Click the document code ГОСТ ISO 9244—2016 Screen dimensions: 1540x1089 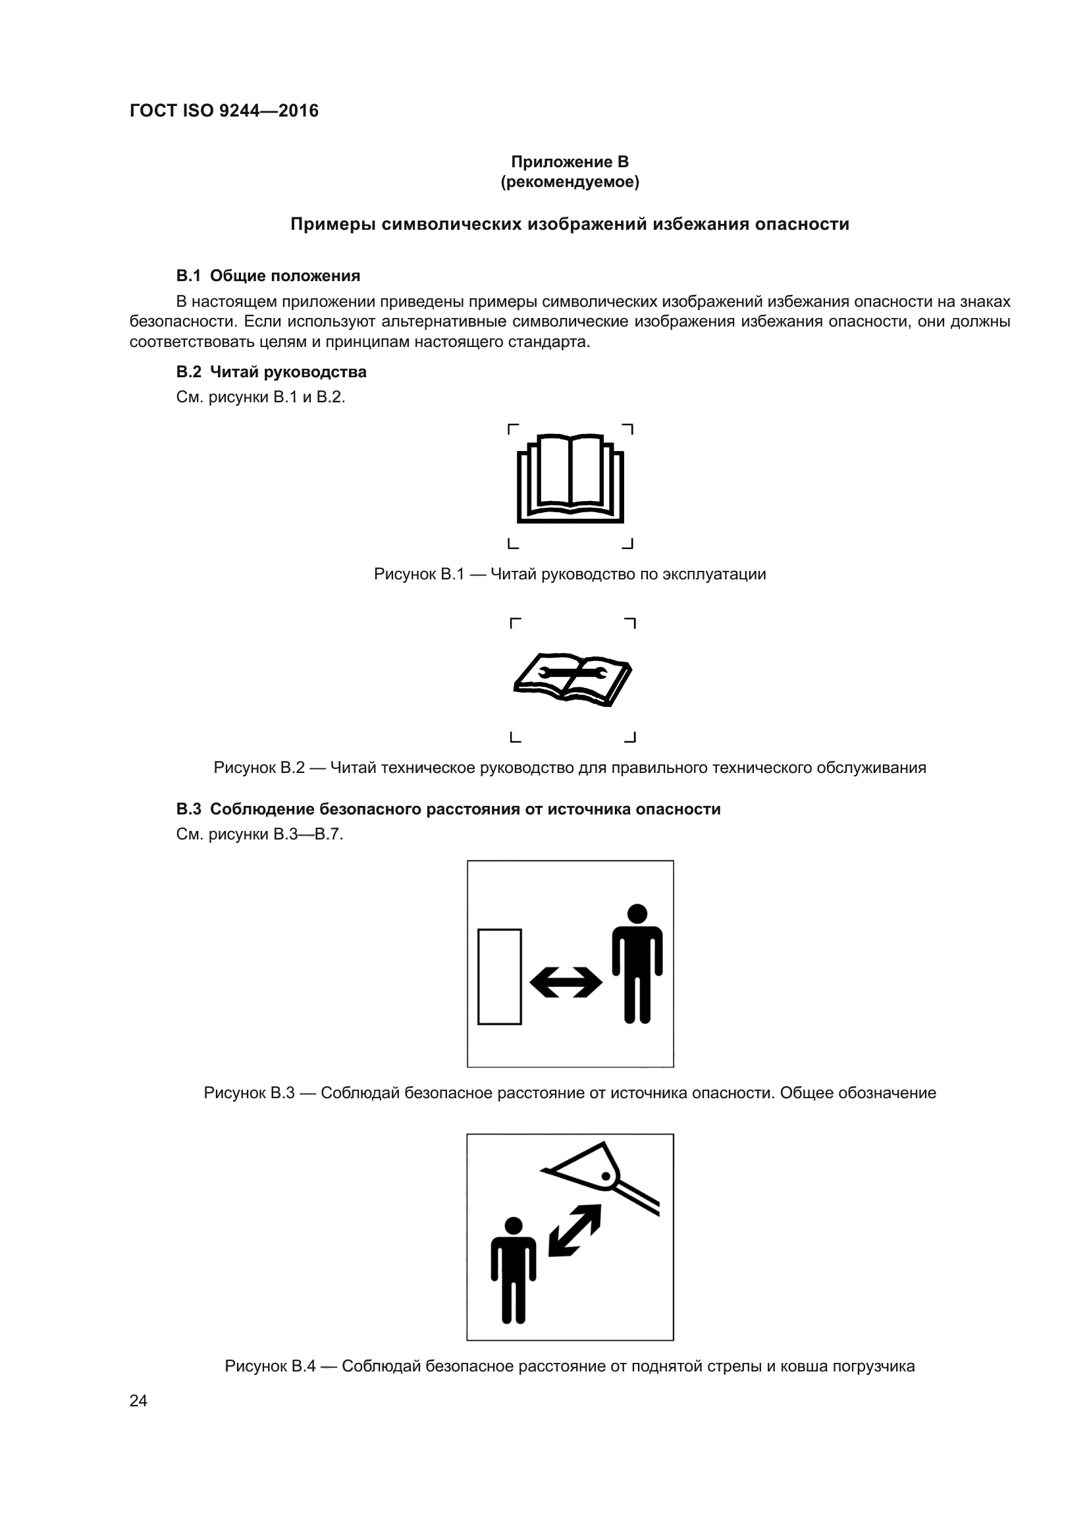point(224,111)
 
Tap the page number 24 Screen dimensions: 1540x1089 point(138,1400)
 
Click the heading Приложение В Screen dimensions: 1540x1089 point(570,162)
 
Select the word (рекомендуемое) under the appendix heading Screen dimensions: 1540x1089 point(570,182)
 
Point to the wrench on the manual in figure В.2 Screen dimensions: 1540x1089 point(573,673)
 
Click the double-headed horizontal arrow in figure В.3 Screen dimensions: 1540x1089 point(566,982)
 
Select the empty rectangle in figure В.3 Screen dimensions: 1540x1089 point(499,976)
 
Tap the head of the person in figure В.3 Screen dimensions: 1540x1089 point(637,914)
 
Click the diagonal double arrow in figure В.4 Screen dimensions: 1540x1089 point(575,1230)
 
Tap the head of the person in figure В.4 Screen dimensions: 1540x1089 point(513,1225)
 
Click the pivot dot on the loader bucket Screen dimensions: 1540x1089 point(606,1176)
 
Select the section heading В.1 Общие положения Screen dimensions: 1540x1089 point(268,276)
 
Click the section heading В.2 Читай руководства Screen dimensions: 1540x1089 point(271,371)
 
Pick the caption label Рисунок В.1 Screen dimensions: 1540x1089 point(419,574)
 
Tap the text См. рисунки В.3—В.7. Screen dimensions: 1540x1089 point(259,834)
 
